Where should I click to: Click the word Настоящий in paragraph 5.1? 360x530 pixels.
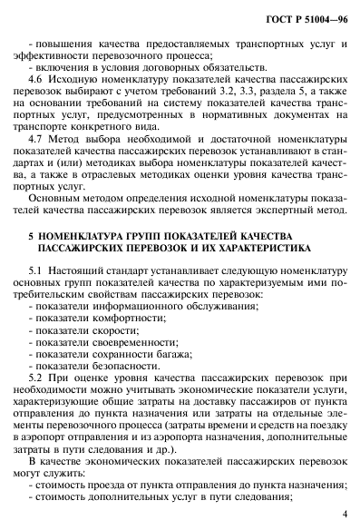91,270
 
